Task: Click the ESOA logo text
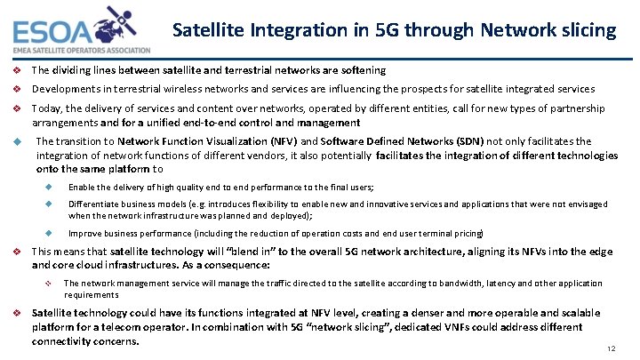(x=53, y=30)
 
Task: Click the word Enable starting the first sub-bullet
(x=82, y=187)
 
